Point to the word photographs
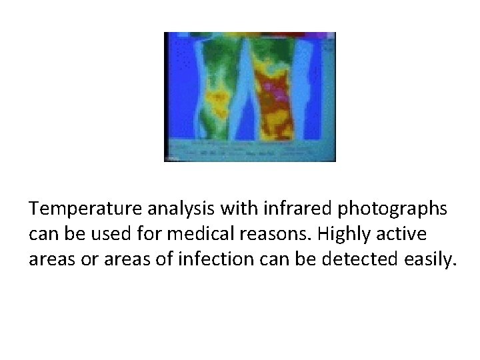(393, 210)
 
